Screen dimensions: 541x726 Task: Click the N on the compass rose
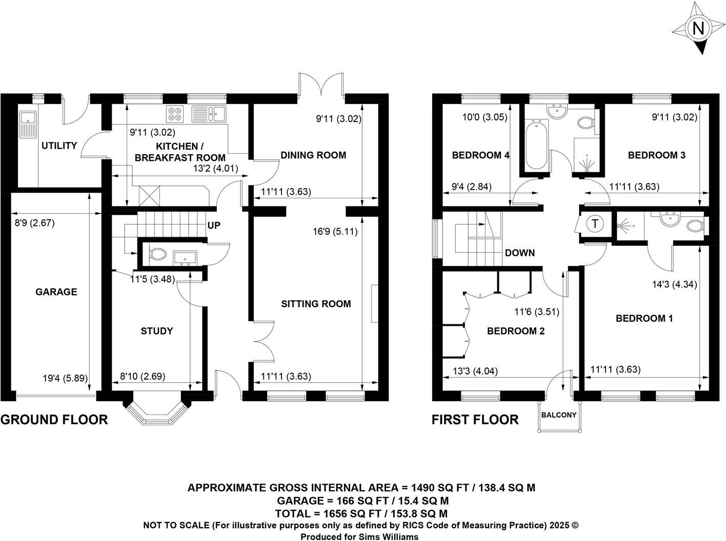(698, 29)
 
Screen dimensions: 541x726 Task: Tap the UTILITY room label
(59, 145)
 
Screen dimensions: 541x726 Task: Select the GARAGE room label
(56, 292)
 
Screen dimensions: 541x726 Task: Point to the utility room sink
(26, 123)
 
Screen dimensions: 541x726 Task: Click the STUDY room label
(156, 331)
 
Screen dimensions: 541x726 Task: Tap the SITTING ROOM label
(316, 304)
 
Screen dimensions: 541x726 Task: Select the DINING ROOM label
(313, 155)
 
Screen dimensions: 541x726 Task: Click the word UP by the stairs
(214, 225)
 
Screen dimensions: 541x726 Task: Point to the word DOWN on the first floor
(519, 253)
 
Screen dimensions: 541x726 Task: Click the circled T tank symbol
(595, 224)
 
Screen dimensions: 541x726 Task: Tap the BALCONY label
(559, 415)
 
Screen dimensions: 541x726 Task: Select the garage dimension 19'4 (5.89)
(65, 379)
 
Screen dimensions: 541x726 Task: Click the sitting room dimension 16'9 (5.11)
(335, 232)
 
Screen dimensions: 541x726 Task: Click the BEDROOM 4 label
(480, 155)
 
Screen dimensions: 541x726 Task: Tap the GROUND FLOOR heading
(54, 420)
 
